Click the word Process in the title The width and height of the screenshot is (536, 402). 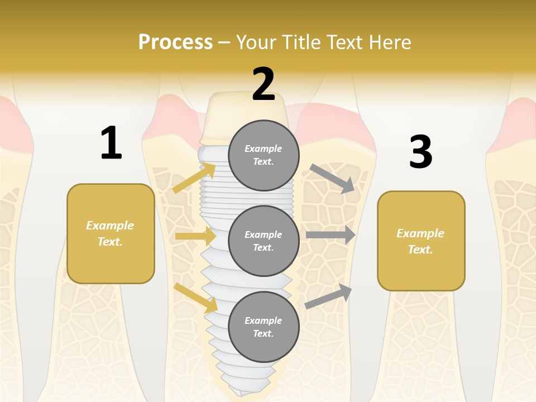click(175, 42)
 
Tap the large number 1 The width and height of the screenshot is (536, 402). click(111, 143)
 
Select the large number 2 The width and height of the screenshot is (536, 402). click(264, 84)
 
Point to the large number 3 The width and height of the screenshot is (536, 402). click(420, 152)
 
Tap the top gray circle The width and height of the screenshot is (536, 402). click(264, 155)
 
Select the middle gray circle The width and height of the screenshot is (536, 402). click(264, 241)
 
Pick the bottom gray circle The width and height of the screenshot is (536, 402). click(264, 327)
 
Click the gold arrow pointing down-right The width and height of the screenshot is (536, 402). click(196, 298)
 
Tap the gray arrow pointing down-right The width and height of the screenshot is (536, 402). click(332, 179)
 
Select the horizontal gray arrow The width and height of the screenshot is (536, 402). click(331, 235)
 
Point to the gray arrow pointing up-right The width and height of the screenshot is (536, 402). click(329, 296)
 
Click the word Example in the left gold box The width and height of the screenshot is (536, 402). click(110, 226)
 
